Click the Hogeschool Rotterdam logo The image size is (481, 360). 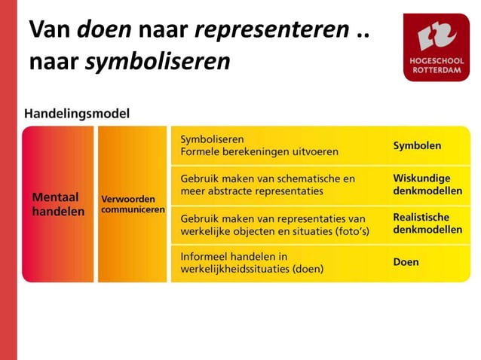click(x=436, y=47)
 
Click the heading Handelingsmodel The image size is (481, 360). click(x=77, y=114)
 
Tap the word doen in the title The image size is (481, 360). click(x=103, y=30)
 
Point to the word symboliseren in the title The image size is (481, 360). click(x=157, y=62)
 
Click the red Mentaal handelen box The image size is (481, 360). click(x=57, y=204)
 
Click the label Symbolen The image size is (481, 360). click(x=417, y=145)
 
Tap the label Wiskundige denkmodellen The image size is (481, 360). click(x=421, y=185)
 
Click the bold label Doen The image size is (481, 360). click(x=406, y=263)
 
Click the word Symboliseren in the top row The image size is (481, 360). click(x=212, y=139)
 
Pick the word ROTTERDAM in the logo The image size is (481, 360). click(x=436, y=70)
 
